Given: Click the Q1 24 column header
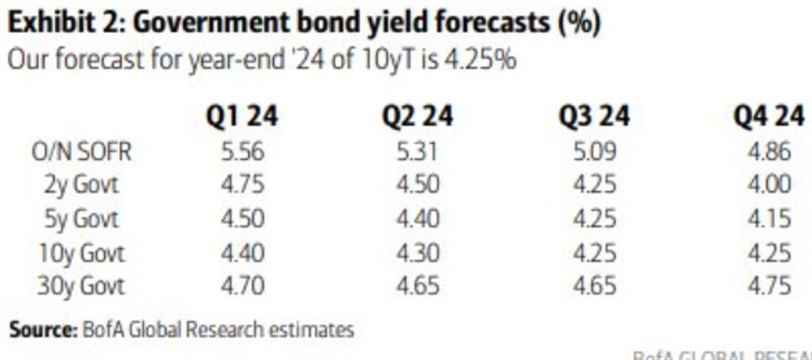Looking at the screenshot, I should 243,117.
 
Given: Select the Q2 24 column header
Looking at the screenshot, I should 417,117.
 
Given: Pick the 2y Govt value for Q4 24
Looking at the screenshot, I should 769,184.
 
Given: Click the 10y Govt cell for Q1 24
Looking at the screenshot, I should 243,252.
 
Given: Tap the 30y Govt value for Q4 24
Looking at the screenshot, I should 769,286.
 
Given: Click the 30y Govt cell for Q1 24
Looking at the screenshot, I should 243,286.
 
